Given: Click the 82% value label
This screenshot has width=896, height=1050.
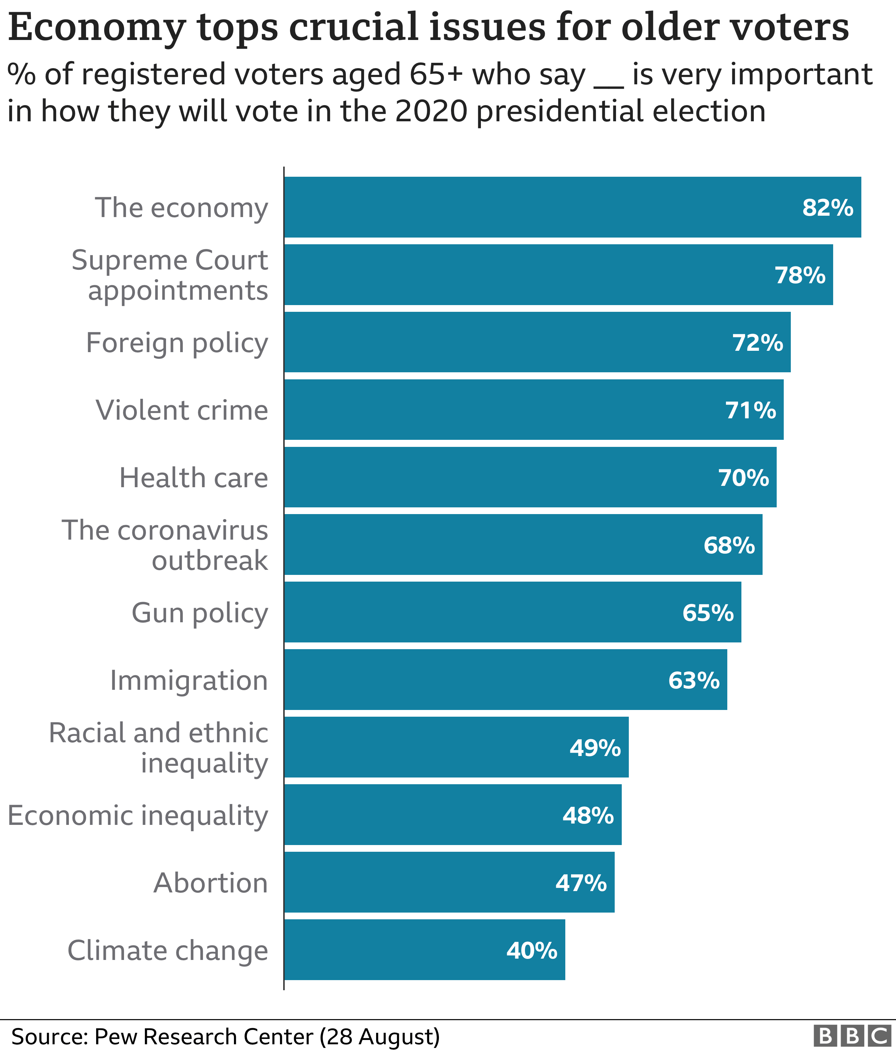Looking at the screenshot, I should (x=827, y=208).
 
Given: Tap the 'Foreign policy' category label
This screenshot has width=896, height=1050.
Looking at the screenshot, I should (x=177, y=343).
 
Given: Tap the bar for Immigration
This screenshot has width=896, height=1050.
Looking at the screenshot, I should (x=505, y=680).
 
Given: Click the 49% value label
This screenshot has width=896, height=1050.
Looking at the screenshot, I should (x=595, y=748).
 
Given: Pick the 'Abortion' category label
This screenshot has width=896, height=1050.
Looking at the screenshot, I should (x=210, y=883).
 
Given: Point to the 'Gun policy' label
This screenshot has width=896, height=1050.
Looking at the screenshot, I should (x=200, y=613).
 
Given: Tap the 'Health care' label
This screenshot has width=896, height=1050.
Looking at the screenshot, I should (x=194, y=478).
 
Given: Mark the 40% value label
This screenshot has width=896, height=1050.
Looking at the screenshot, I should (x=532, y=950).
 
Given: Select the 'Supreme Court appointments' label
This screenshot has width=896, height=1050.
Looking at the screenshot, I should (x=170, y=275).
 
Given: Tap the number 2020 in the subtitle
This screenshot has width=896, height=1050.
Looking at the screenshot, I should (x=431, y=112).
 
